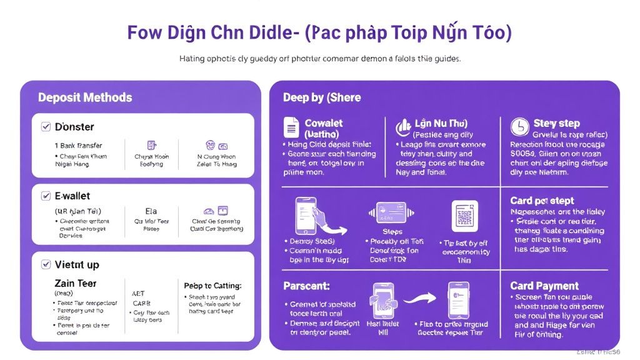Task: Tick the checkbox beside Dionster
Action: [46, 127]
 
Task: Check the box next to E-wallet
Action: [46, 196]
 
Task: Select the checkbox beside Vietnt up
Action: [46, 264]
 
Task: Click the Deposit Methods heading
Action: [85, 97]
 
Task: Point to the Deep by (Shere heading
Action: [322, 97]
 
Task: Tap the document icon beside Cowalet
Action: [291, 127]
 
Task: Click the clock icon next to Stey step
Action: [519, 127]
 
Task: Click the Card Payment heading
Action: [544, 286]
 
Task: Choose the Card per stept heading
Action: [542, 201]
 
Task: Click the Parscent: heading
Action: [306, 286]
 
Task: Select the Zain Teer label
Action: [76, 283]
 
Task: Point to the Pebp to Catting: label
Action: [212, 286]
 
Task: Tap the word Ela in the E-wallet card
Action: [151, 211]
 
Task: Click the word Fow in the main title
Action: [146, 32]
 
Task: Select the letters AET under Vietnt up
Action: [138, 292]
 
